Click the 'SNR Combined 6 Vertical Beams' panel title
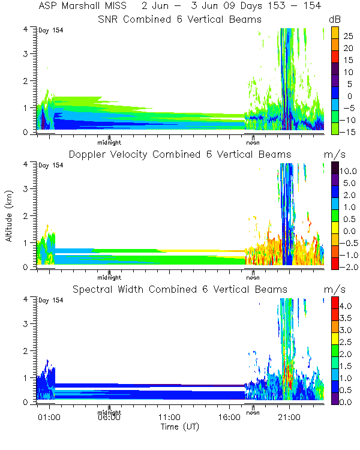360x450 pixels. point(179,19)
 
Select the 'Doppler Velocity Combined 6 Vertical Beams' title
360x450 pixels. point(179,154)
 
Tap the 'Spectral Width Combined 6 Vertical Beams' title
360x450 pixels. point(179,290)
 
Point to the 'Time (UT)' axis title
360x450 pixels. point(179,427)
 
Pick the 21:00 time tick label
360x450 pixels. point(289,417)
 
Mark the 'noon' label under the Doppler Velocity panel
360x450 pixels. point(253,277)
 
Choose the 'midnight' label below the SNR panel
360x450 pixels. point(110,142)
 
